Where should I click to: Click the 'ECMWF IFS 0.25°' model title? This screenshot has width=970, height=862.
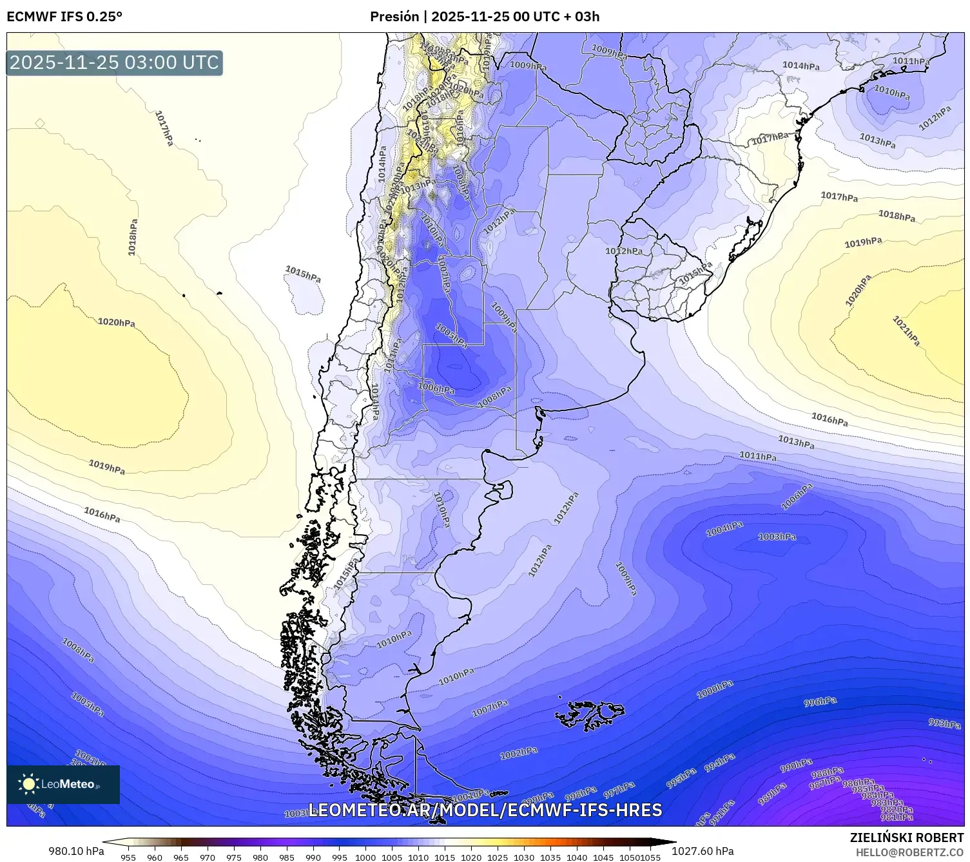point(64,17)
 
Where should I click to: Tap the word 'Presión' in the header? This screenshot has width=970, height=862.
point(394,17)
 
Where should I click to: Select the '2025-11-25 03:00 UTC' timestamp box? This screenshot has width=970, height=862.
point(114,62)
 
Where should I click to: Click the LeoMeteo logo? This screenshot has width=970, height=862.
point(63,784)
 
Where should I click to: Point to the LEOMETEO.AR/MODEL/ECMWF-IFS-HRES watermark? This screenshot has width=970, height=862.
point(485,810)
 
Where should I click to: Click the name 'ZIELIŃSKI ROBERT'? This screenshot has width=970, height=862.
point(907,838)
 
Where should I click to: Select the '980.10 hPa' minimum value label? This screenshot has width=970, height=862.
point(76,851)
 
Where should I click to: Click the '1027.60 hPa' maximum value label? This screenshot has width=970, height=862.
point(703,851)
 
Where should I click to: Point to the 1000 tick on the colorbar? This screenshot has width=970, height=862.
point(365,857)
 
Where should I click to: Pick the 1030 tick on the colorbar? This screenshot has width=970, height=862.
point(524,857)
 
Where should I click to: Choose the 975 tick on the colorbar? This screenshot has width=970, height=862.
point(233,857)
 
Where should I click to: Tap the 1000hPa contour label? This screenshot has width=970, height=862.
point(715,690)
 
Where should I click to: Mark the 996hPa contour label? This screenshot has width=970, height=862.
point(820,702)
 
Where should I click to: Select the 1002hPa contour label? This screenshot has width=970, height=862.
point(519,752)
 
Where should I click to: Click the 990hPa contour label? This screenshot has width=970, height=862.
point(796,765)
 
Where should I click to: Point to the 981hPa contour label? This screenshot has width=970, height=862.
point(897,817)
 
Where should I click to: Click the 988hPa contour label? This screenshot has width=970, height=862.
point(827,772)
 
